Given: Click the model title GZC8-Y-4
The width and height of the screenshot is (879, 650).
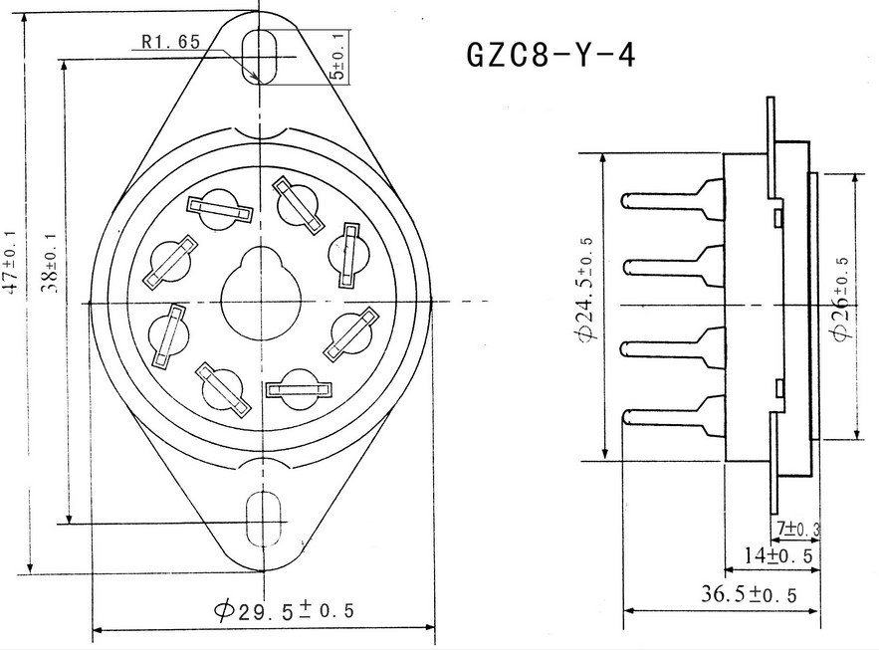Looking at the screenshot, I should pos(549,54).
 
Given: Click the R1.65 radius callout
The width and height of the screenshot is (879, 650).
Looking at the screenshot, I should pos(171,41).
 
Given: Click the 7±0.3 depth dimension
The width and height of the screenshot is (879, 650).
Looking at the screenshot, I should pos(795,527).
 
